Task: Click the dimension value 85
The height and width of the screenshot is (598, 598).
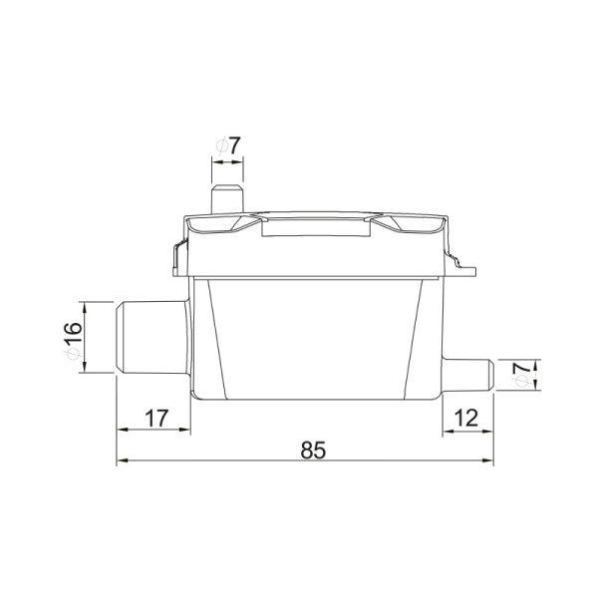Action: pyautogui.click(x=313, y=450)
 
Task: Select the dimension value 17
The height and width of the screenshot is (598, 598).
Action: pyautogui.click(x=156, y=419)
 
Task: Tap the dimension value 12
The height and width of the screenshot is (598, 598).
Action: pyautogui.click(x=466, y=419)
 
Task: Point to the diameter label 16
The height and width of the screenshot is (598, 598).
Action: pyautogui.click(x=73, y=333)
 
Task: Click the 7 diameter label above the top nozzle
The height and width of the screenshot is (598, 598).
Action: pyautogui.click(x=234, y=146)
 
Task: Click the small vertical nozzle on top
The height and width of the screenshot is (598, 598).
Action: pyautogui.click(x=227, y=199)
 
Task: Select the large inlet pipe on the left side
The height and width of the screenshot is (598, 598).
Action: pyautogui.click(x=152, y=337)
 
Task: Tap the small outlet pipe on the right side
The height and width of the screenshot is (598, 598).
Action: pyautogui.click(x=468, y=375)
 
